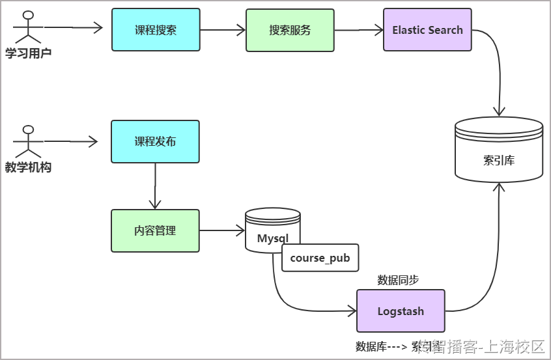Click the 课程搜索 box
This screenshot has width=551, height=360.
pyautogui.click(x=156, y=30)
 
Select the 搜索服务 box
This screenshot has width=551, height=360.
pyautogui.click(x=290, y=30)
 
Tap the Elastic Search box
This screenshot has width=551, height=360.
pyautogui.click(x=427, y=30)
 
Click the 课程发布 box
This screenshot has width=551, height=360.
pyautogui.click(x=155, y=141)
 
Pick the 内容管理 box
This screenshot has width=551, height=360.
pyautogui.click(x=155, y=230)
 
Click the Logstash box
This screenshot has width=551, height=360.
pyautogui.click(x=401, y=311)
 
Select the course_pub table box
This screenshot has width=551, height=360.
pyautogui.click(x=320, y=258)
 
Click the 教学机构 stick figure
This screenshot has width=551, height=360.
pyautogui.click(x=27, y=139)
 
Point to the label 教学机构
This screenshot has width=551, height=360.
pyautogui.click(x=28, y=168)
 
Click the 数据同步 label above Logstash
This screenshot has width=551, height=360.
pyautogui.click(x=398, y=280)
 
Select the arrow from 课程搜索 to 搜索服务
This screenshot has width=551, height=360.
pyautogui.click(x=222, y=30)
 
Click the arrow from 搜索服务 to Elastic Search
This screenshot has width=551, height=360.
pyautogui.click(x=358, y=30)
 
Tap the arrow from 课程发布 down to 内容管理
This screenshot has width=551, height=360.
pyautogui.click(x=155, y=186)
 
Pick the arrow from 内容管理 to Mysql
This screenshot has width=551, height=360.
pyautogui.click(x=221, y=230)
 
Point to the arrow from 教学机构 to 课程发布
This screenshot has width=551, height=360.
pyautogui.click(x=70, y=141)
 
